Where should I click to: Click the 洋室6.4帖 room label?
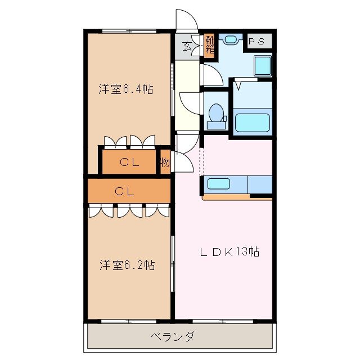coord(127,89)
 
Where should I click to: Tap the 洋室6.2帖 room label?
coord(128,264)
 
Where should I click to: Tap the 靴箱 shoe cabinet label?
coord(209,44)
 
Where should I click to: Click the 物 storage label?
coord(164,163)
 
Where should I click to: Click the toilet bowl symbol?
coord(215,113)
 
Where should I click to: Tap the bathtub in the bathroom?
coord(253,123)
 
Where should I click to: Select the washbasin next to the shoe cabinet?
coord(229,40)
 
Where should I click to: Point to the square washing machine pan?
coord(262,66)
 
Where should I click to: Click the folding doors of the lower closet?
coord(129,210)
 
